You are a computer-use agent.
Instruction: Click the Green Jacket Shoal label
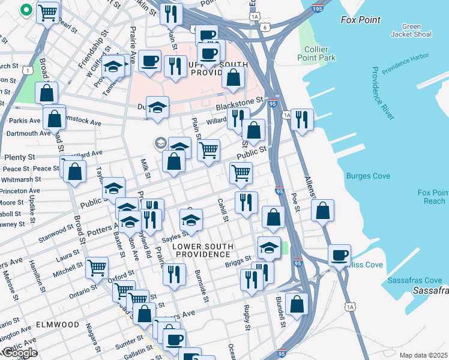[x=411, y=31]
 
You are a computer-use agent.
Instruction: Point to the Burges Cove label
[x=368, y=176]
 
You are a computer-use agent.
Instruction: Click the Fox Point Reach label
[x=432, y=197]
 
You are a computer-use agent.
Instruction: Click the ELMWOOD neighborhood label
[x=58, y=324]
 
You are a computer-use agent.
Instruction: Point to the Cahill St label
[x=223, y=211]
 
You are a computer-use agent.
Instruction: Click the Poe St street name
[x=295, y=202]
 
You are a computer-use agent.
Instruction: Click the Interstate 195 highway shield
[x=318, y=10]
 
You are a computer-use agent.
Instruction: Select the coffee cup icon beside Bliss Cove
[x=340, y=254]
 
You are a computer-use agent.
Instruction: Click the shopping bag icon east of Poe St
[x=322, y=210]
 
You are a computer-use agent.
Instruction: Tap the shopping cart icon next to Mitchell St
[x=97, y=268]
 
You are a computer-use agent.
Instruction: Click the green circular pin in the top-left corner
[x=26, y=10]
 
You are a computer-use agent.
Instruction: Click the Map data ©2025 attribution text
[x=424, y=355]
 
